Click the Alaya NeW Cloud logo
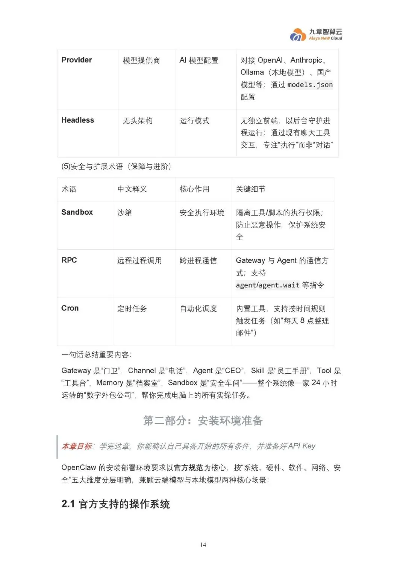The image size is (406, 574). [x=316, y=35]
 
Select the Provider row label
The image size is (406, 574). [x=77, y=60]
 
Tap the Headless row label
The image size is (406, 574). [x=78, y=120]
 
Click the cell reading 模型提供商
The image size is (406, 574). [x=141, y=61]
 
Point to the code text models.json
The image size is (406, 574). [x=310, y=85]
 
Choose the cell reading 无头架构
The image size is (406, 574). [x=138, y=121]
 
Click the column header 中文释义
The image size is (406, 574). [x=132, y=189]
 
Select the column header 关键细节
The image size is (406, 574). [x=250, y=189]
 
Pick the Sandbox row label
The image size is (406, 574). [x=77, y=212]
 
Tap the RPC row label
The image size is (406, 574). [x=69, y=260]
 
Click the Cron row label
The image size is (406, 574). [x=70, y=308]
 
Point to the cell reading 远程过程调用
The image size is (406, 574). [x=139, y=260]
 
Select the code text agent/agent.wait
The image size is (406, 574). [x=268, y=285]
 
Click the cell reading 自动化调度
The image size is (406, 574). [x=198, y=309]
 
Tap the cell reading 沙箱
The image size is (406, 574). [x=124, y=213]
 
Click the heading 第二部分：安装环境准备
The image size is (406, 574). [x=203, y=421]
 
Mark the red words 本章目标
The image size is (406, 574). [x=77, y=446]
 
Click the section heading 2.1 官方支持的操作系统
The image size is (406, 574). [x=116, y=504]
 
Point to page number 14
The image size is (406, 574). [x=203, y=545]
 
